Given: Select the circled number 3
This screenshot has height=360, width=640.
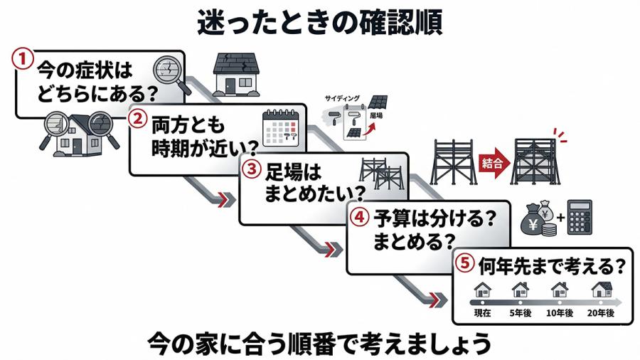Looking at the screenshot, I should click(x=250, y=169).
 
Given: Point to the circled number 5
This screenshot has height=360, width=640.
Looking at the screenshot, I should click(x=464, y=263).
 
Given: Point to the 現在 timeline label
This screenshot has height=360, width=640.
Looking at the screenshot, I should click(x=484, y=313).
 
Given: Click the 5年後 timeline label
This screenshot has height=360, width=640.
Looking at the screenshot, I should click(x=521, y=313).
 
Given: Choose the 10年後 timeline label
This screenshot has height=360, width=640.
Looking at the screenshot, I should click(x=560, y=313).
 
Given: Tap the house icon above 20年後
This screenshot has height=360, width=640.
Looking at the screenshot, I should click(x=602, y=290).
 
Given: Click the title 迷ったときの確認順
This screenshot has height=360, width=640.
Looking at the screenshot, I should click(x=319, y=22).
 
